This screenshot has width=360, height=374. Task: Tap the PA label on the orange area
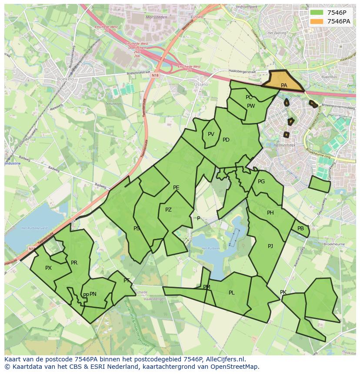[284, 86]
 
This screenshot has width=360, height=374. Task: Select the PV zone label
[211, 134]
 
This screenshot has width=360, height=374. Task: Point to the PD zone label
[226, 140]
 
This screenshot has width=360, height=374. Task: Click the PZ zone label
[168, 210]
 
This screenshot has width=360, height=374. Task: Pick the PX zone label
[48, 268]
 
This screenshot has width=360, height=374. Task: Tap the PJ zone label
[270, 246]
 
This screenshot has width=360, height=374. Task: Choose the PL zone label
[231, 293]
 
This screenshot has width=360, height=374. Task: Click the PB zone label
[300, 228]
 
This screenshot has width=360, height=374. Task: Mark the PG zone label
[261, 182]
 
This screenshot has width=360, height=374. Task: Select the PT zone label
[127, 281]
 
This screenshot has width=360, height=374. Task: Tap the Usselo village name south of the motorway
[201, 84]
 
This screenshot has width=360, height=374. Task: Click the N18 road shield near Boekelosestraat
[156, 76]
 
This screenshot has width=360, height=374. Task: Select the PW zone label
[251, 106]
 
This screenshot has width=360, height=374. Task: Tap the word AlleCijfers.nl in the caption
[224, 359]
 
